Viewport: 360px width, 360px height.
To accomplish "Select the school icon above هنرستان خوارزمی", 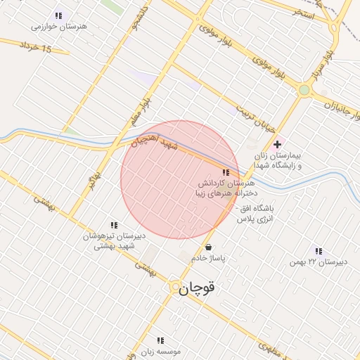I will [58, 15].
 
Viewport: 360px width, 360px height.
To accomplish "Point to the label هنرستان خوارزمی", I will [58, 26].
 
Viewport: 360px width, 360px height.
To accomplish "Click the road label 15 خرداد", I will [37, 48].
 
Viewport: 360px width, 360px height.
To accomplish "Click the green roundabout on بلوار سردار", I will [304, 90].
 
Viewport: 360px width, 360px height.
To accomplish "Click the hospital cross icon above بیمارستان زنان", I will [277, 144].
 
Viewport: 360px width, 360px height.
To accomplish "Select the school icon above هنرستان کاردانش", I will [225, 172].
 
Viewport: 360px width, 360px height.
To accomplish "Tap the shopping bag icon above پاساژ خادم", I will [208, 247].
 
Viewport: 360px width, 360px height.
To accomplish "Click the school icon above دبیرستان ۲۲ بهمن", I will [319, 251].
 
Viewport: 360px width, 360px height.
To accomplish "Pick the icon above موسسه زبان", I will [160, 340].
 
